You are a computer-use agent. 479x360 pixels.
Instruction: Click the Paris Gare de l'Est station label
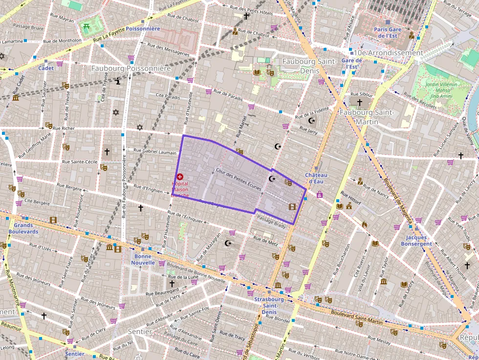[x=388, y=32]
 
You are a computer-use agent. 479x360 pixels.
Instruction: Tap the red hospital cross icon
[x=180, y=176]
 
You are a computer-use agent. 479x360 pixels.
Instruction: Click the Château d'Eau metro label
[x=316, y=178]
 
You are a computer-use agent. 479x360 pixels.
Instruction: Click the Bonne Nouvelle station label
[x=143, y=259]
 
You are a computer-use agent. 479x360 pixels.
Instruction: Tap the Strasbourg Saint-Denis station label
[x=269, y=305]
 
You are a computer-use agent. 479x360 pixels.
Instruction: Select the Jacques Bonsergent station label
[x=416, y=240]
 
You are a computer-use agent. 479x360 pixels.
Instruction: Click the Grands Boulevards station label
[x=23, y=229]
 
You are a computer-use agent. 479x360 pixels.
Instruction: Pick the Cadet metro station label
[x=46, y=68]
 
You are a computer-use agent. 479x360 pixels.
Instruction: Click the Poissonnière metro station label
[x=143, y=29]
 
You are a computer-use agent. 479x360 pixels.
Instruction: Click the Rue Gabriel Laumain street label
[x=155, y=152]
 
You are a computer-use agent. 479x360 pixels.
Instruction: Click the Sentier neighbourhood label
[x=140, y=332]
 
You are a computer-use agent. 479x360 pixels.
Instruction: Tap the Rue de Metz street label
[x=265, y=239]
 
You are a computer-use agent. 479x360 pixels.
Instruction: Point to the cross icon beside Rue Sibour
[x=360, y=103]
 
